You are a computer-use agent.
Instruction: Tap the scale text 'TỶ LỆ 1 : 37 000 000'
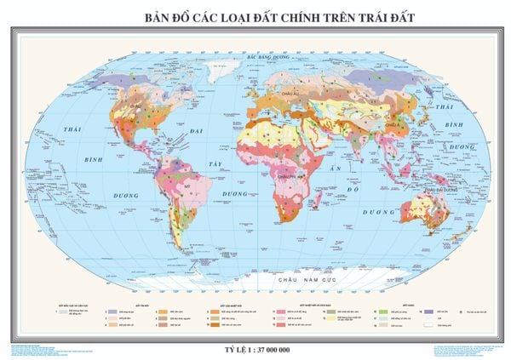coord(255,326)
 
